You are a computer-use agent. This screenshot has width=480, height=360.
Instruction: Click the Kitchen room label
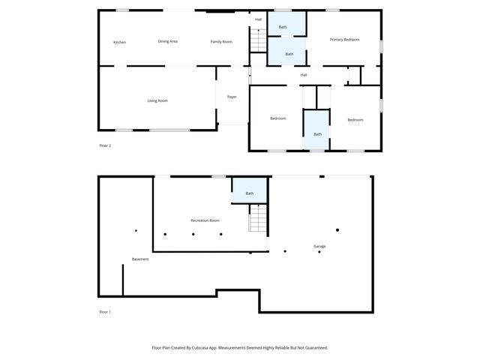tap(119, 42)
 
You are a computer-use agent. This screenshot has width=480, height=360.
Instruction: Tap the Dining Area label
tap(167, 41)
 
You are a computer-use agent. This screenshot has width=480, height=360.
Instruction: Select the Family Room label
tap(220, 41)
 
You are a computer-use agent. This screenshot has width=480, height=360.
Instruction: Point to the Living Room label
tap(157, 100)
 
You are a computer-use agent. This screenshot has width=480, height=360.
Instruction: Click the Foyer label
tap(232, 97)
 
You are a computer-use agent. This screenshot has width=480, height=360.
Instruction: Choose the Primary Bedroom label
tap(345, 39)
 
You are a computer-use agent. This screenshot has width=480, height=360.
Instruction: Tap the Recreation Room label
tap(205, 220)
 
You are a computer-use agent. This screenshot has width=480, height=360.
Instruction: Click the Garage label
tap(319, 246)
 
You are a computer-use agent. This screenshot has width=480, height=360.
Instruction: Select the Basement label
tap(140, 259)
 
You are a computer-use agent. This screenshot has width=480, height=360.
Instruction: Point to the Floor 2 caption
tap(105, 145)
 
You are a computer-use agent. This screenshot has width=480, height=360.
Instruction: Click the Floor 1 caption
tap(105, 312)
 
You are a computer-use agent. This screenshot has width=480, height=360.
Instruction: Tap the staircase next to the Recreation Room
tap(258, 218)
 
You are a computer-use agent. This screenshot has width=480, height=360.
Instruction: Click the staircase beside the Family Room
tap(258, 39)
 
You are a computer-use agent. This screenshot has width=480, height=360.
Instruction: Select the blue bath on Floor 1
tap(250, 193)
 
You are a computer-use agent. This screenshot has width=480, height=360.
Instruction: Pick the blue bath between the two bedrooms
tap(317, 133)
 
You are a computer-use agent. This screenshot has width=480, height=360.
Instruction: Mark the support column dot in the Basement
tap(136, 230)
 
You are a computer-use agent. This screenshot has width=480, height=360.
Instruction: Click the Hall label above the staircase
tap(258, 19)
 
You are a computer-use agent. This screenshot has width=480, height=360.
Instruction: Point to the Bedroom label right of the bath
tap(355, 120)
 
